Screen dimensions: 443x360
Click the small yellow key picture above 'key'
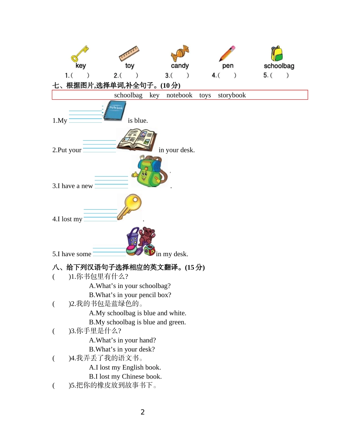pyautogui.click(x=79, y=54)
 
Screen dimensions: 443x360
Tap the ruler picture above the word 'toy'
pyautogui.click(x=129, y=54)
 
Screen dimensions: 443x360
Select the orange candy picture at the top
pyautogui.click(x=180, y=53)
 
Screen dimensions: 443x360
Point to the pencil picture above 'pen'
pyautogui.click(x=227, y=54)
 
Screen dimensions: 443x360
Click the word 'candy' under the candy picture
pyautogui.click(x=180, y=66)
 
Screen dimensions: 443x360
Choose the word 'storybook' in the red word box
pyautogui.click(x=232, y=95)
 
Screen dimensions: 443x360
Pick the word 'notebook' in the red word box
pyautogui.click(x=179, y=95)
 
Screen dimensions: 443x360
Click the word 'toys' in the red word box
pyautogui.click(x=205, y=95)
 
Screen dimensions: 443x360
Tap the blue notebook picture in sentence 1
pyautogui.click(x=115, y=111)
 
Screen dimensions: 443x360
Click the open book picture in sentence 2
pyautogui.click(x=136, y=140)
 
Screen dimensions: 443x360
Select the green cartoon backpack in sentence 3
pyautogui.click(x=149, y=172)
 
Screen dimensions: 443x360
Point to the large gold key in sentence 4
pyautogui.click(x=129, y=207)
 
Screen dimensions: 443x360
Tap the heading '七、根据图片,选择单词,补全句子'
pyautogui.click(x=116, y=85)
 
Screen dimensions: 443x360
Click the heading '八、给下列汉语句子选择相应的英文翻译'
pyautogui.click(x=128, y=267)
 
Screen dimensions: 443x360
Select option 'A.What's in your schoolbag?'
pyautogui.click(x=130, y=286)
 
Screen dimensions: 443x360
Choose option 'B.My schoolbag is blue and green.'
pyautogui.click(x=137, y=322)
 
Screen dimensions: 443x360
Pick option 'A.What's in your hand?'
pyautogui.click(x=122, y=340)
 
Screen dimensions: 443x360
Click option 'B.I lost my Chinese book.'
pyautogui.click(x=125, y=376)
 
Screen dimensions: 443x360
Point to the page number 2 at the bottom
pyautogui.click(x=142, y=412)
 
